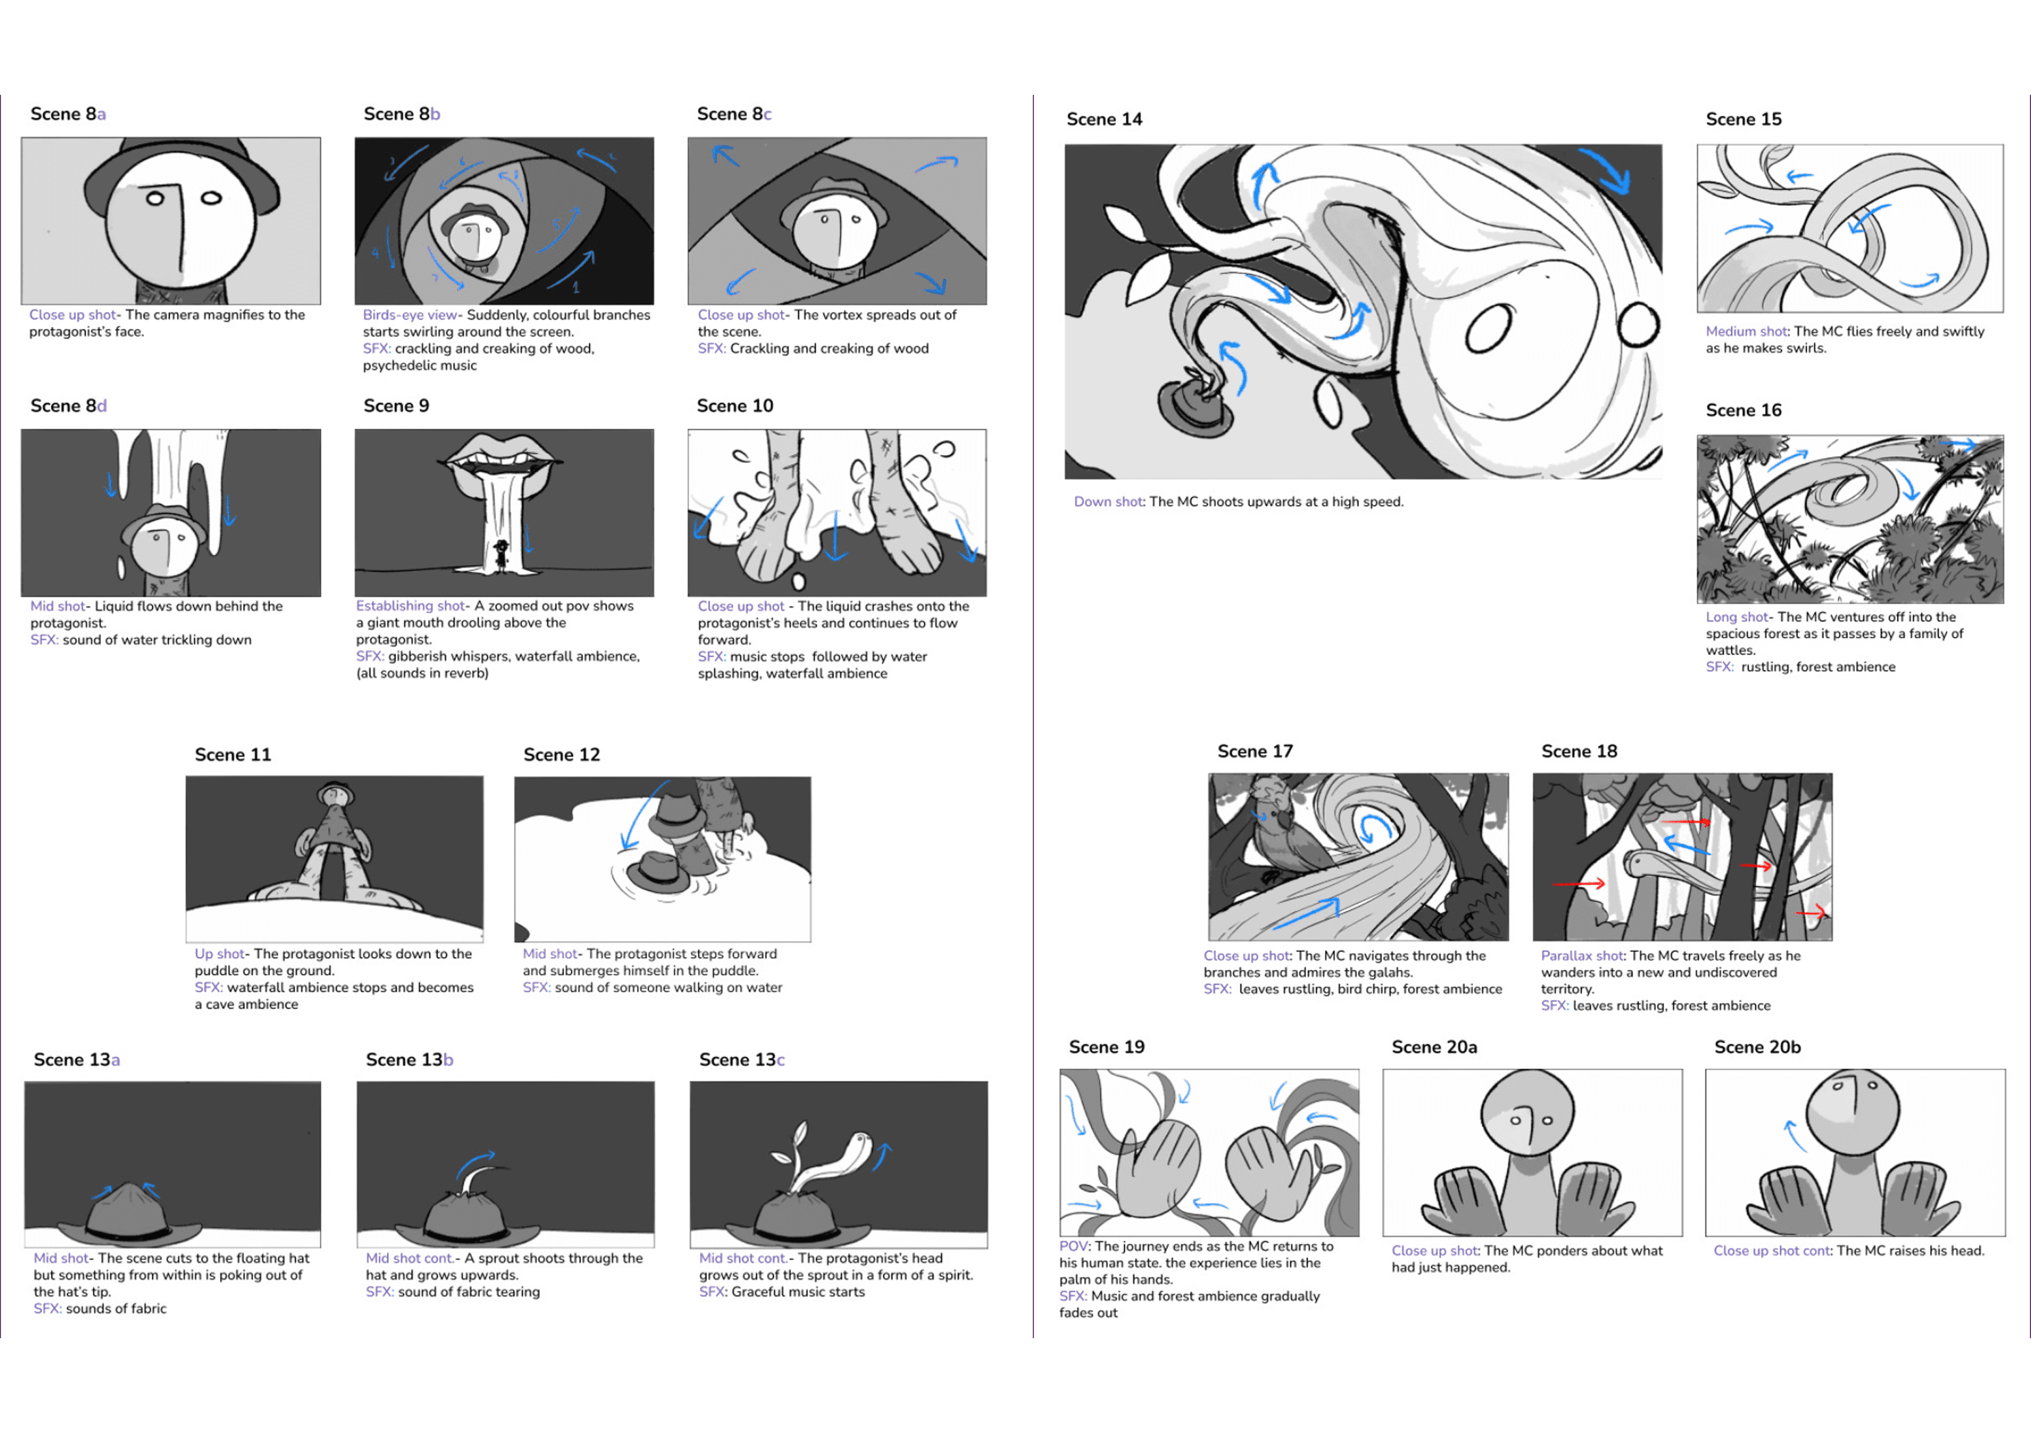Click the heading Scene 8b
(x=402, y=114)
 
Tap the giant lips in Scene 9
(x=502, y=456)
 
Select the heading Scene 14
(x=1104, y=120)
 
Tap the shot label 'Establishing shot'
(x=410, y=606)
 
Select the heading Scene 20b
(x=1757, y=1047)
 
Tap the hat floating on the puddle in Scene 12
(x=660, y=872)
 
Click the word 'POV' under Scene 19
(x=1074, y=1246)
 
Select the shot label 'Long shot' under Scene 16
(x=1737, y=617)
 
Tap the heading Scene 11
(x=232, y=754)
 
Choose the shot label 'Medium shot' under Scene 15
(x=1746, y=332)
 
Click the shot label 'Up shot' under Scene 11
(x=218, y=953)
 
